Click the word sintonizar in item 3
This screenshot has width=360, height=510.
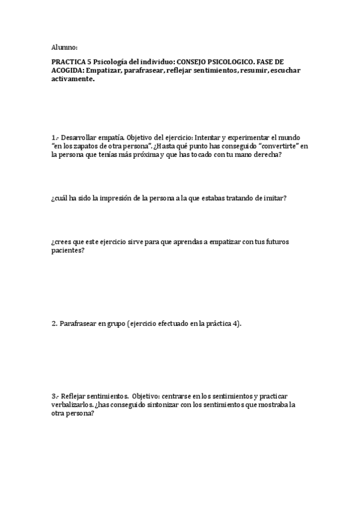pos(157,405)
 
